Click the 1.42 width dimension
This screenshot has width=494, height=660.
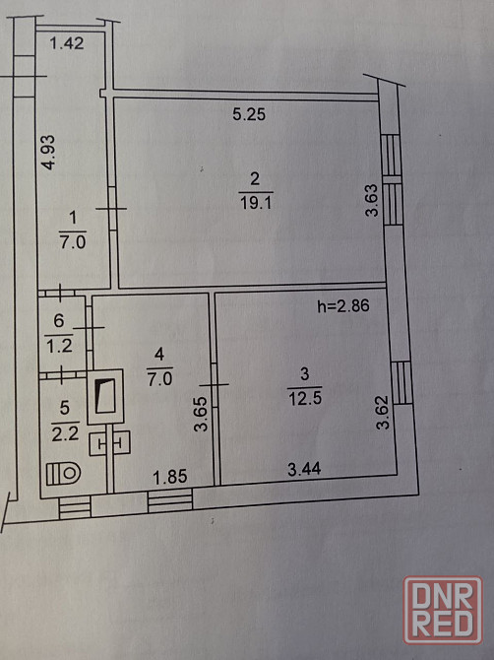coord(67,43)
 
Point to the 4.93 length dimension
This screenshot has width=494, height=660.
coord(49,153)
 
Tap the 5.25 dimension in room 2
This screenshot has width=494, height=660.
coord(249,114)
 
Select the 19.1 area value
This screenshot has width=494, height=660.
coord(256,203)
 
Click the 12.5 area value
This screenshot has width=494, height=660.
coord(305,398)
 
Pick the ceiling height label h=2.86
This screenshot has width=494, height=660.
coord(343,306)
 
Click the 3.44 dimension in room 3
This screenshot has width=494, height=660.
coord(304,469)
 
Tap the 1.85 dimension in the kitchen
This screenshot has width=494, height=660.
coord(170,477)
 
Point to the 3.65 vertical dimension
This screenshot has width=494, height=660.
coord(201,414)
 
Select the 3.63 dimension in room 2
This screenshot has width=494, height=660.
coord(372,200)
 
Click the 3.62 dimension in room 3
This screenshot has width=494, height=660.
coord(383,412)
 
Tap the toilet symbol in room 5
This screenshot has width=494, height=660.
coord(63,474)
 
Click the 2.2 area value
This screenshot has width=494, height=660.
coord(65,433)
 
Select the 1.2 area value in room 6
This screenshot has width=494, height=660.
coord(59,347)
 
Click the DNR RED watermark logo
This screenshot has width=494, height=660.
coord(443,611)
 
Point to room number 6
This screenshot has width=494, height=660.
coord(59,321)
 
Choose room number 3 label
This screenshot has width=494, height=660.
coord(305,373)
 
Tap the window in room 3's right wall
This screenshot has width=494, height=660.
coord(402,383)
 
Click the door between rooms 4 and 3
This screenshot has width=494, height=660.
coord(214,384)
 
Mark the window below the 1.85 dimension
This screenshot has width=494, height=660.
coord(170,500)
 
